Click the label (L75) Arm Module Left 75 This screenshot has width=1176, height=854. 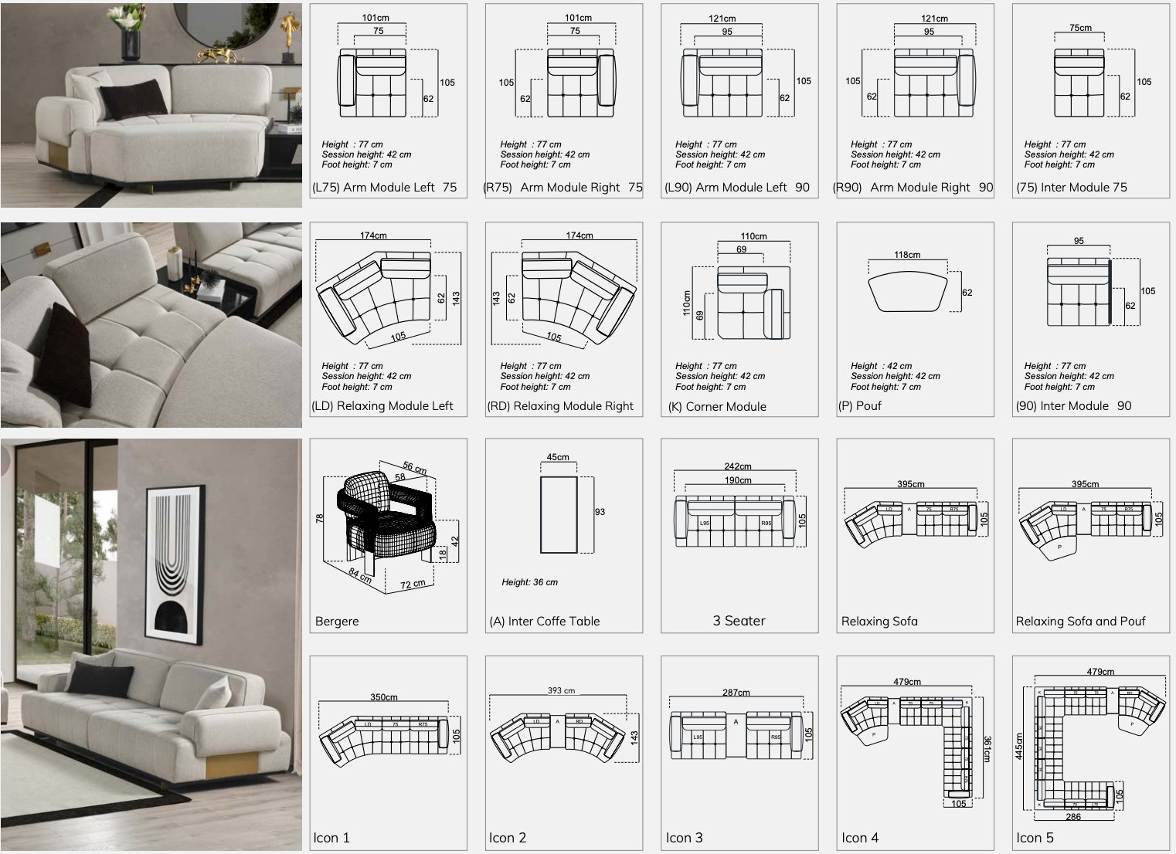[x=385, y=188]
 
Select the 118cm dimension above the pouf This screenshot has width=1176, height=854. [x=907, y=255]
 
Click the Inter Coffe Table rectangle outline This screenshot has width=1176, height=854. [x=559, y=515]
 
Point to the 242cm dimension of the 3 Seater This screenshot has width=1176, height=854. [x=738, y=466]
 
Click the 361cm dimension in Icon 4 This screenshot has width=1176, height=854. [x=987, y=749]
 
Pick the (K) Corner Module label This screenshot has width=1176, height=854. [x=718, y=407]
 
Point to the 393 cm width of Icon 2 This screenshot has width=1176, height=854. [x=562, y=690]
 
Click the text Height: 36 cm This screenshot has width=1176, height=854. [x=529, y=582]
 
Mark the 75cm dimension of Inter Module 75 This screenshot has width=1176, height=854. [x=1080, y=28]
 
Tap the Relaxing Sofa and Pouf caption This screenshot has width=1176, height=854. [x=1080, y=622]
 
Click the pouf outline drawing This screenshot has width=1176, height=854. [x=908, y=292]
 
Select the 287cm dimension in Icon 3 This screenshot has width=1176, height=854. [x=736, y=693]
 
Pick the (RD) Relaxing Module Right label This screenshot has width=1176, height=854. [x=560, y=406]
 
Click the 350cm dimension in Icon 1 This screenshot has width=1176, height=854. [x=383, y=697]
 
